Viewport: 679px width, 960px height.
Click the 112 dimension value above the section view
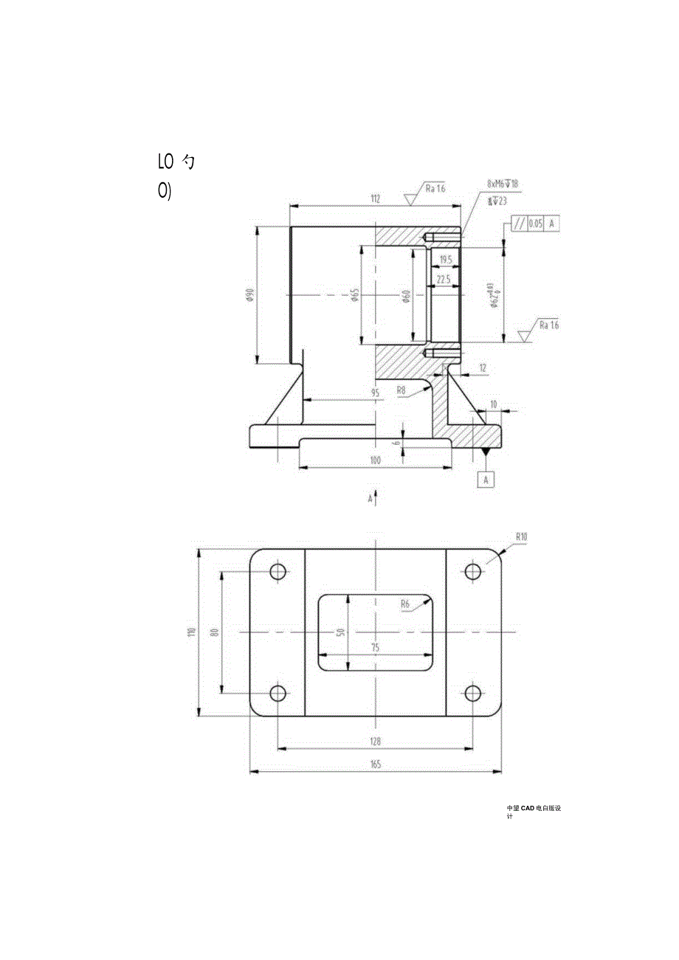(375, 198)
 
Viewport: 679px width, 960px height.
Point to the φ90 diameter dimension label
(250, 295)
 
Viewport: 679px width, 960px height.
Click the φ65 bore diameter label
(355, 295)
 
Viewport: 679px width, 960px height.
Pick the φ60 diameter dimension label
(407, 296)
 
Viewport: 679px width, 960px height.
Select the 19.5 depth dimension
(445, 260)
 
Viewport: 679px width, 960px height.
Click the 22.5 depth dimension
(444, 280)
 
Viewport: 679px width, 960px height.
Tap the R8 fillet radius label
(401, 390)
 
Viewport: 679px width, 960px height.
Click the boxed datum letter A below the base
(486, 480)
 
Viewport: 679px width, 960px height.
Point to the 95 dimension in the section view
(375, 393)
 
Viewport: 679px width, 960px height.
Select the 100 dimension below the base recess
(375, 460)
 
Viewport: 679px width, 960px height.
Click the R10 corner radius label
(522, 536)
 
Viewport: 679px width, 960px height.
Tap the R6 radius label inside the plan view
(404, 604)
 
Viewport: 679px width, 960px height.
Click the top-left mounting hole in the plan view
(278, 572)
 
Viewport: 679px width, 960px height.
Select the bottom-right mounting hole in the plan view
(472, 694)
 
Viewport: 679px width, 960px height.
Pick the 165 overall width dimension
(375, 765)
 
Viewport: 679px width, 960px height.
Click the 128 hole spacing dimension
(375, 742)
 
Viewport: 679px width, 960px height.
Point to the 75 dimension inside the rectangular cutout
(375, 647)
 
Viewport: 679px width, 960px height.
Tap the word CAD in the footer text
(531, 809)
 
